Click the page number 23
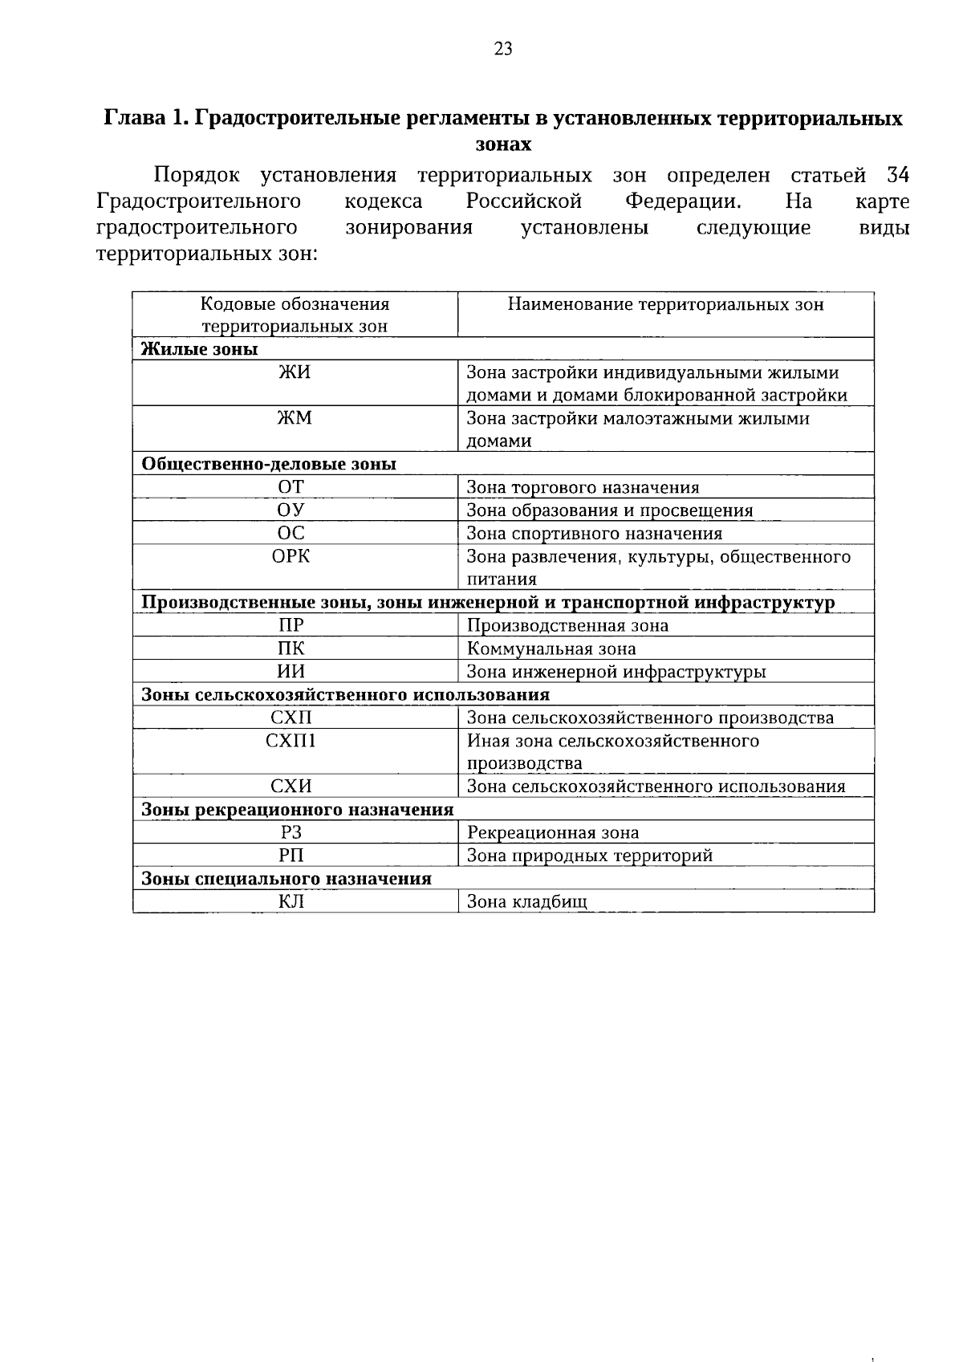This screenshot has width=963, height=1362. [503, 49]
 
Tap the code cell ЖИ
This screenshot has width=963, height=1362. [295, 373]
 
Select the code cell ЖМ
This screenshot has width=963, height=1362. [295, 418]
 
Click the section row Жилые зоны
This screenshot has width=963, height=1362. [200, 349]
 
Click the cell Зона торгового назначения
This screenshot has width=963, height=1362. [583, 487]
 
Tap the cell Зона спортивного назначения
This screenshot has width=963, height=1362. [595, 534]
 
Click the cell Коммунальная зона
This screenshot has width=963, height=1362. [551, 648]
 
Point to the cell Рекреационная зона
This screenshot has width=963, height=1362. [553, 832]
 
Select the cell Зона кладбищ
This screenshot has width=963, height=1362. [527, 901]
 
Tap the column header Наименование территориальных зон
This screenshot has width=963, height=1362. [665, 305]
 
